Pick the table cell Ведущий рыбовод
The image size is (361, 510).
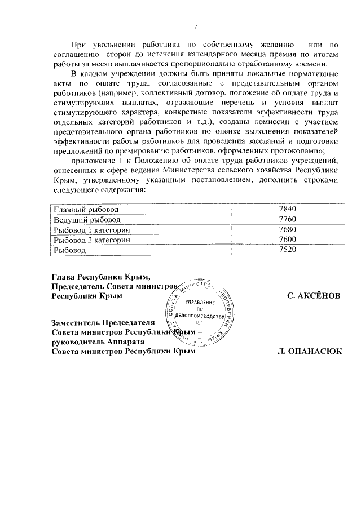82,220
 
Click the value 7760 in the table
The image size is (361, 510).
287,220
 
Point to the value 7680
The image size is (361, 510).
287,230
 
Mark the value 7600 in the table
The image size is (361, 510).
287,240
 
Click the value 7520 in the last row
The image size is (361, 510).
287,250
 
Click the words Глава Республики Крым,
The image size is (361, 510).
102,277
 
